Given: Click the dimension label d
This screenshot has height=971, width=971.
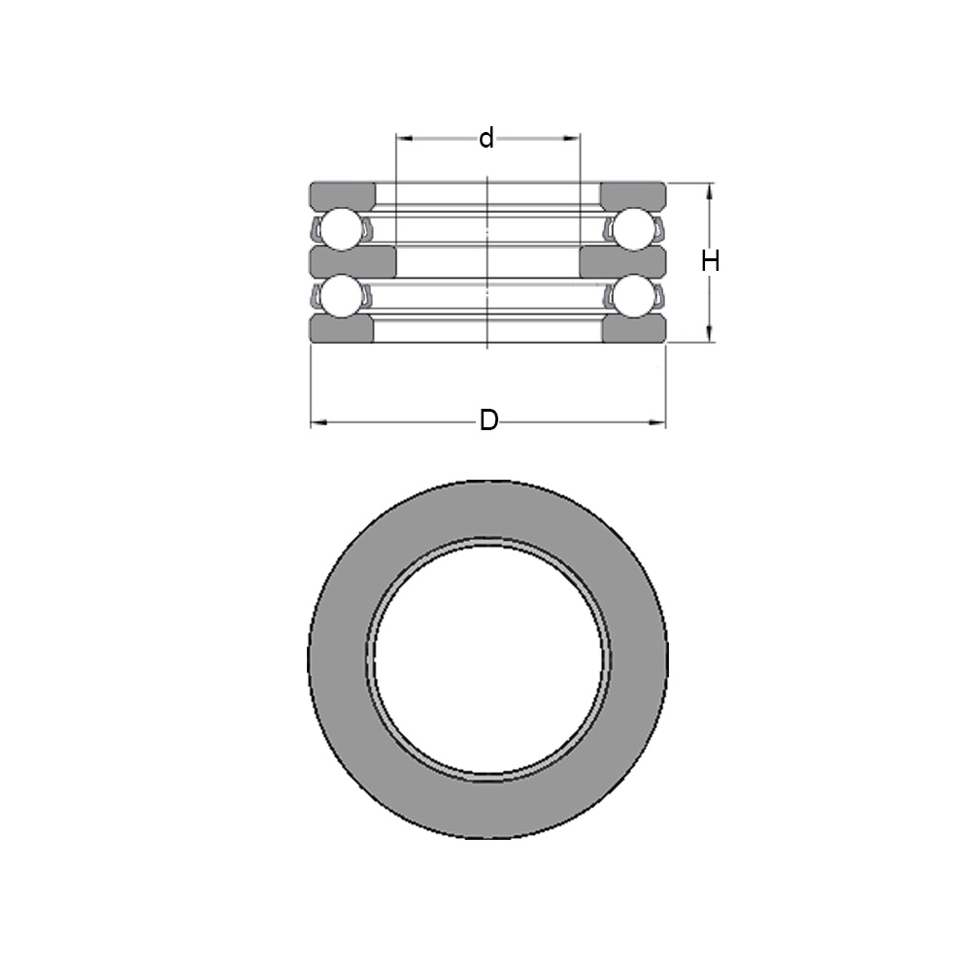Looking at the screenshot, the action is (x=486, y=138).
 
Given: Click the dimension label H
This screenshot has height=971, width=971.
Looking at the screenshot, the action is (x=711, y=260).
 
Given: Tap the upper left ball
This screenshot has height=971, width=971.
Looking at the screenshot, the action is (x=341, y=229).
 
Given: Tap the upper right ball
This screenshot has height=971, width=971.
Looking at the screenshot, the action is (x=633, y=229).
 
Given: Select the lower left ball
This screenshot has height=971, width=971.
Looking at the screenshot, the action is (x=341, y=296).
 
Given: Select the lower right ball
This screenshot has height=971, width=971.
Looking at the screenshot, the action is (x=633, y=296).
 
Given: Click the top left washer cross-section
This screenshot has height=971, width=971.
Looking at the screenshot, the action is (x=343, y=195).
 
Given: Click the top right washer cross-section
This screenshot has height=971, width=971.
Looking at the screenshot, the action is (x=633, y=195).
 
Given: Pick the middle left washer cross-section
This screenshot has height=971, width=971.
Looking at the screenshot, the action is (x=352, y=262).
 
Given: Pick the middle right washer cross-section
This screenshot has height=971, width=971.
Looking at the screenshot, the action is (x=622, y=262).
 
